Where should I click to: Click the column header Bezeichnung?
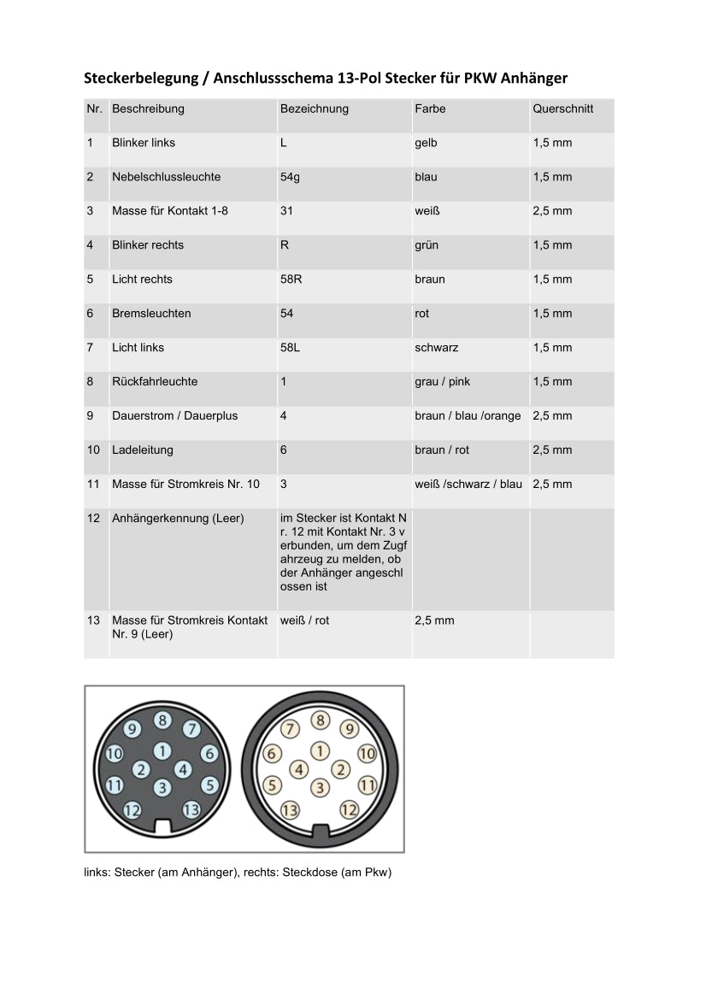click(314, 109)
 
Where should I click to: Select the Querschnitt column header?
click(562, 109)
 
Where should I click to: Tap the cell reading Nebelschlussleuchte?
click(166, 177)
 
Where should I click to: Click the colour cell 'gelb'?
click(426, 143)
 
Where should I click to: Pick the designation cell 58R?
click(291, 279)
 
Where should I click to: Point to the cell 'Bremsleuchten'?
click(151, 314)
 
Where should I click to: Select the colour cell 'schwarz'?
click(436, 348)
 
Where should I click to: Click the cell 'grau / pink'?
click(442, 382)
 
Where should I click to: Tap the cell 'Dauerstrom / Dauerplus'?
click(174, 416)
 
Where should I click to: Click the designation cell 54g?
click(290, 177)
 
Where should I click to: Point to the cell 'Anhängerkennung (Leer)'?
click(177, 519)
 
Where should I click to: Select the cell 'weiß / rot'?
click(304, 620)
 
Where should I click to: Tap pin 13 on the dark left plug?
click(191, 809)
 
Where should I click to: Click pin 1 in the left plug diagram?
click(162, 751)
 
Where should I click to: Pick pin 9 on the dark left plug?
click(132, 729)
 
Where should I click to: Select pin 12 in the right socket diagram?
click(349, 809)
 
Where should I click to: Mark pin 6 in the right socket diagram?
click(271, 754)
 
